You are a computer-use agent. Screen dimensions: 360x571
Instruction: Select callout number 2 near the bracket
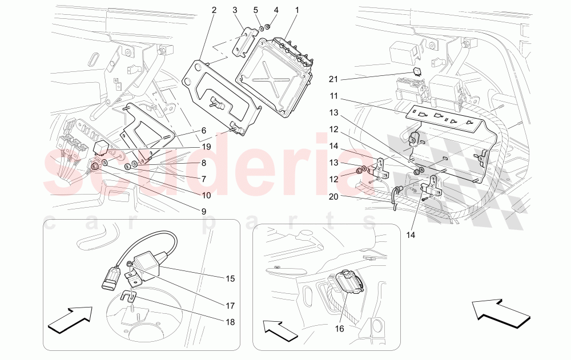(x=214, y=10)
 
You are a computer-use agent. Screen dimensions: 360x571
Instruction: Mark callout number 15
(x=230, y=278)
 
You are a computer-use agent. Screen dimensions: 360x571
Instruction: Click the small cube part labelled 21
(x=417, y=72)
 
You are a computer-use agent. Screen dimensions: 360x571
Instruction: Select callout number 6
(x=202, y=130)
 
